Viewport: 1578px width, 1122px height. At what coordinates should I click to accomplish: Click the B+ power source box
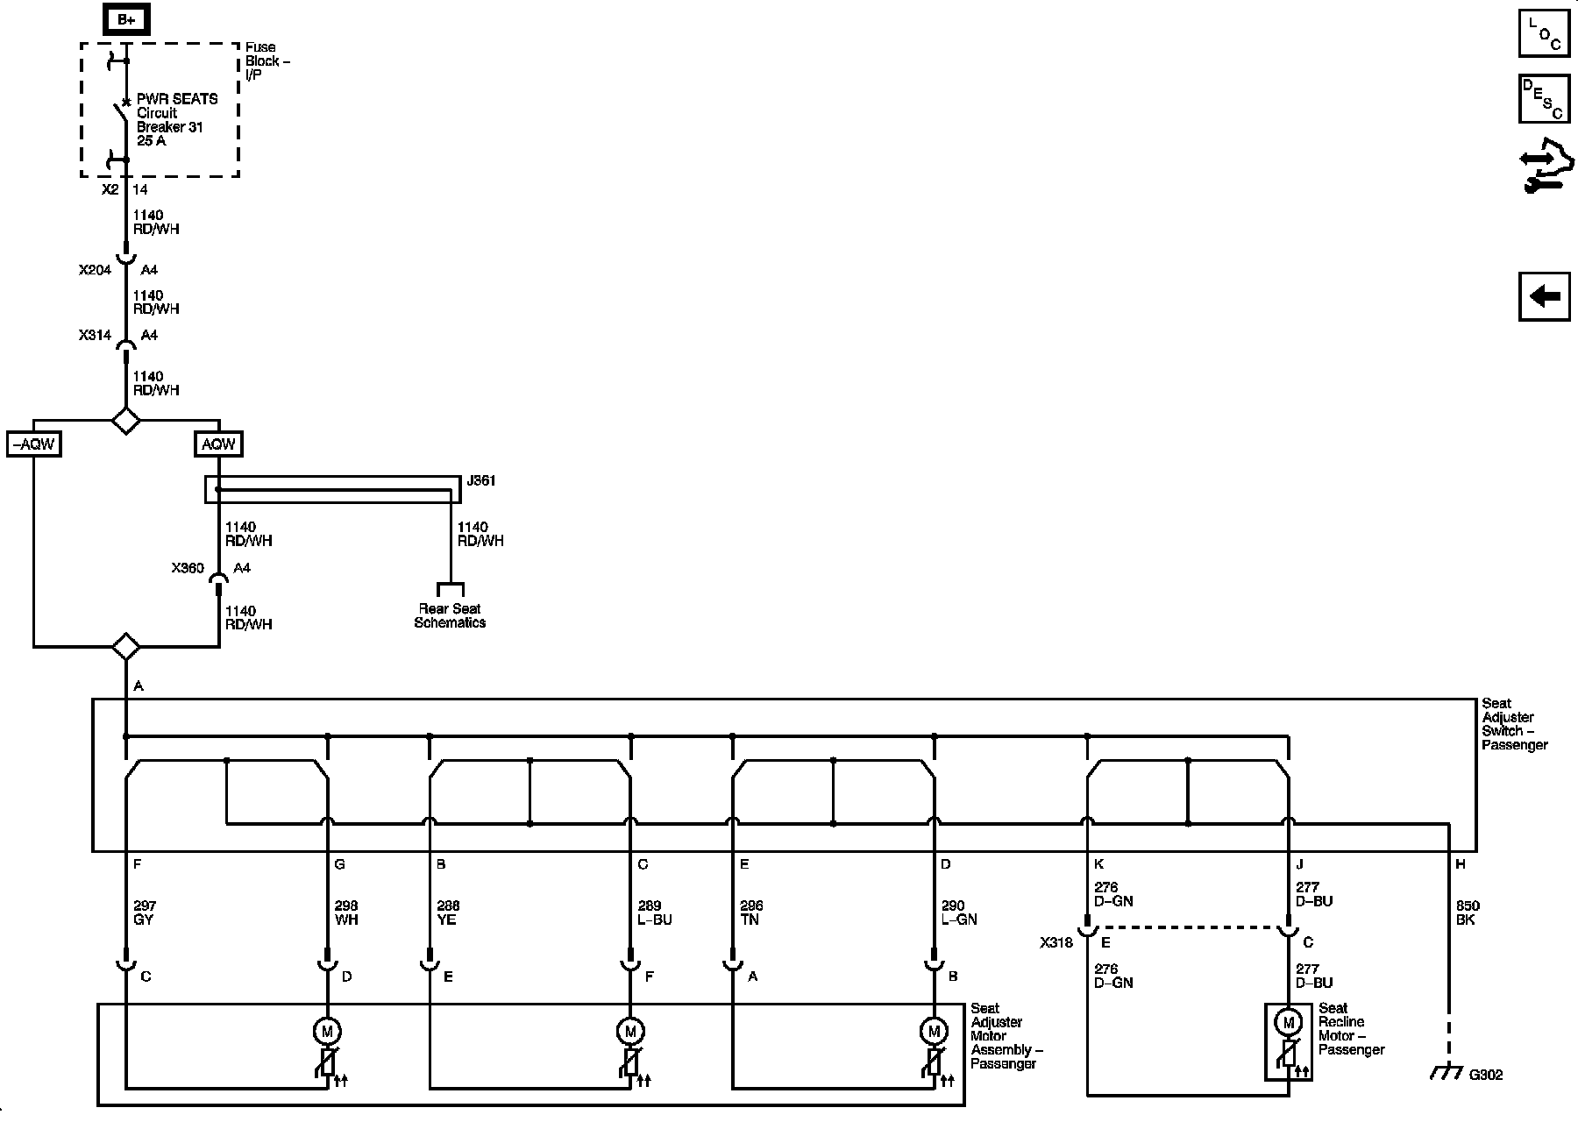pyautogui.click(x=126, y=19)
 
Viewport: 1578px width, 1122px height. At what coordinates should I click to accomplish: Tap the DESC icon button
pyautogui.click(x=1544, y=99)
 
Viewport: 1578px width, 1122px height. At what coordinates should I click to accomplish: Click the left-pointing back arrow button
pyautogui.click(x=1544, y=296)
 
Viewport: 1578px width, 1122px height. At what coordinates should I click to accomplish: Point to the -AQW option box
pyautogui.click(x=33, y=444)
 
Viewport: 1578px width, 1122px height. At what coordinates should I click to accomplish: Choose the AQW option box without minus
pyautogui.click(x=218, y=444)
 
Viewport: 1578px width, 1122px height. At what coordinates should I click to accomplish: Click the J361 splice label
pyautogui.click(x=481, y=481)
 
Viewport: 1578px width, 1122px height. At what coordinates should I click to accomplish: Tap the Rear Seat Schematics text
pyautogui.click(x=450, y=615)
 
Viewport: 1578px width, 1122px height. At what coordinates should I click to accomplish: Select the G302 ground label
pyautogui.click(x=1485, y=1075)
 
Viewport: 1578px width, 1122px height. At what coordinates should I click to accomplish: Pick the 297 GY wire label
pyautogui.click(x=144, y=913)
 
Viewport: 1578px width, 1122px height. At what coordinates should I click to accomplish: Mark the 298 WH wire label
pyautogui.click(x=346, y=913)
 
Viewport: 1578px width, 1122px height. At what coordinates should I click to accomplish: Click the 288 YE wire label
pyautogui.click(x=447, y=913)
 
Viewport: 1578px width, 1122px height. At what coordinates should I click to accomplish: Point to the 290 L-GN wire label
pyautogui.click(x=958, y=913)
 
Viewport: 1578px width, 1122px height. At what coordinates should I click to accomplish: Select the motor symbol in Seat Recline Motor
pyautogui.click(x=1288, y=1022)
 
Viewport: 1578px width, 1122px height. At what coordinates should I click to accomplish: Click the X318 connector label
pyautogui.click(x=1056, y=943)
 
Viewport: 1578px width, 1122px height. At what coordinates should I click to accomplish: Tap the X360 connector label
pyautogui.click(x=188, y=568)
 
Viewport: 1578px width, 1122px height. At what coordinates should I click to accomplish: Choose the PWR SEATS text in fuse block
pyautogui.click(x=177, y=99)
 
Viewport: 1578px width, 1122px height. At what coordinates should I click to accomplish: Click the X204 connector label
pyautogui.click(x=95, y=270)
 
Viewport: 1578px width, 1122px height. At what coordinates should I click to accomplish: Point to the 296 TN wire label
pyautogui.click(x=751, y=913)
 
